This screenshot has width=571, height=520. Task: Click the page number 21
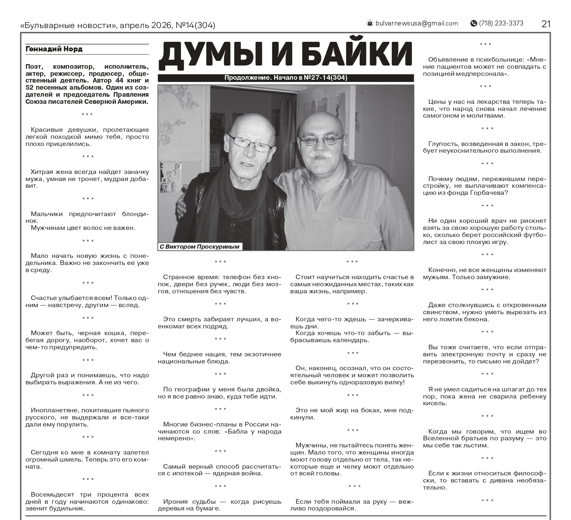(546, 24)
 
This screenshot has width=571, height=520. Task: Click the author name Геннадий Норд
(54, 49)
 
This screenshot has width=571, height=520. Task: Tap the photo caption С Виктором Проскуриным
(200, 247)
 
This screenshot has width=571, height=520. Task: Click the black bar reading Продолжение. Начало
(285, 78)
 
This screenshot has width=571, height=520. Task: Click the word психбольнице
(497, 60)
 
